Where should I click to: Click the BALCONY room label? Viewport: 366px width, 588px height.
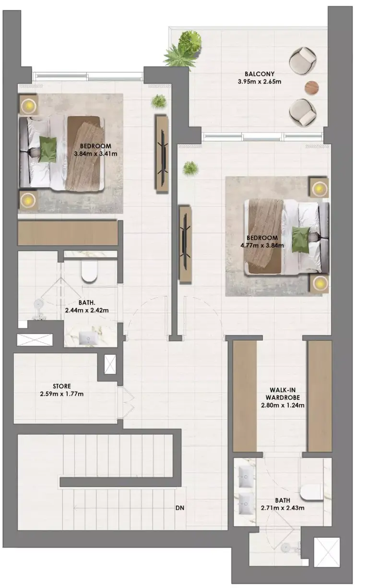(259, 74)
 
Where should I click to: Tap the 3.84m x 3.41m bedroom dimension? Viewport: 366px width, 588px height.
(95, 154)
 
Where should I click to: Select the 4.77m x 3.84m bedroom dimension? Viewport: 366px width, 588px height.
(262, 246)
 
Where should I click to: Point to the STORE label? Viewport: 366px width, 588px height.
(62, 386)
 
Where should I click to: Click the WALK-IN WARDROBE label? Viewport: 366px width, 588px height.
(283, 394)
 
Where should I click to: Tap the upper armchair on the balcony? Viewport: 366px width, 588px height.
(303, 60)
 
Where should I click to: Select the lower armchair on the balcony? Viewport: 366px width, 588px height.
(303, 112)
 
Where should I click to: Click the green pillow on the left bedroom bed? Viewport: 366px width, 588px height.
(48, 149)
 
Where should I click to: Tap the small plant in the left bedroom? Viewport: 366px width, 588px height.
(159, 102)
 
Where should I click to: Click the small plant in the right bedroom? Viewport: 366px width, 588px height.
(190, 168)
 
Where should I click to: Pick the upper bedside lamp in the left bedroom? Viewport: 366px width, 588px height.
(28, 106)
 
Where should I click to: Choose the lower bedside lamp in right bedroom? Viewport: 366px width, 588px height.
(320, 283)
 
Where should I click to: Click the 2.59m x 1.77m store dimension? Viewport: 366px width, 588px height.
(62, 394)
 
